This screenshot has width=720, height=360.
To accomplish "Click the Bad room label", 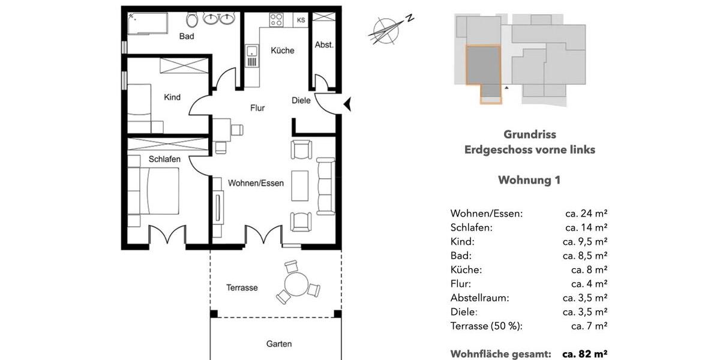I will [x=187, y=37].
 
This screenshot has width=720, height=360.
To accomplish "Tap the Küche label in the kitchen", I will [x=282, y=50].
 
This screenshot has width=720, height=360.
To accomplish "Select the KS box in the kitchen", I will [x=301, y=20].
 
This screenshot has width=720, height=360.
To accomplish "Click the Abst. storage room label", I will [x=324, y=45].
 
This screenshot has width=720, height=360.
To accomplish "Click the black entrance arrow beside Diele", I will [x=346, y=105].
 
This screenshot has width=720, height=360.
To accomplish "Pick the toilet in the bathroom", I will [x=192, y=20].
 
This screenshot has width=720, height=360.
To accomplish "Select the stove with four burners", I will [x=277, y=19].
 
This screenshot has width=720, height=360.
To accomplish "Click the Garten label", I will [x=279, y=344].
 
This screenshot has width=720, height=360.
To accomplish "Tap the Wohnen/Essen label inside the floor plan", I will [x=256, y=183].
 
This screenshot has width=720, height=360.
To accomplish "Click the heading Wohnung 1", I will [x=529, y=180].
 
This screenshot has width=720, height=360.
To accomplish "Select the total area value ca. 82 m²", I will [x=585, y=354].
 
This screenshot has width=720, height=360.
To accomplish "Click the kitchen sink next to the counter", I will [x=251, y=57].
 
